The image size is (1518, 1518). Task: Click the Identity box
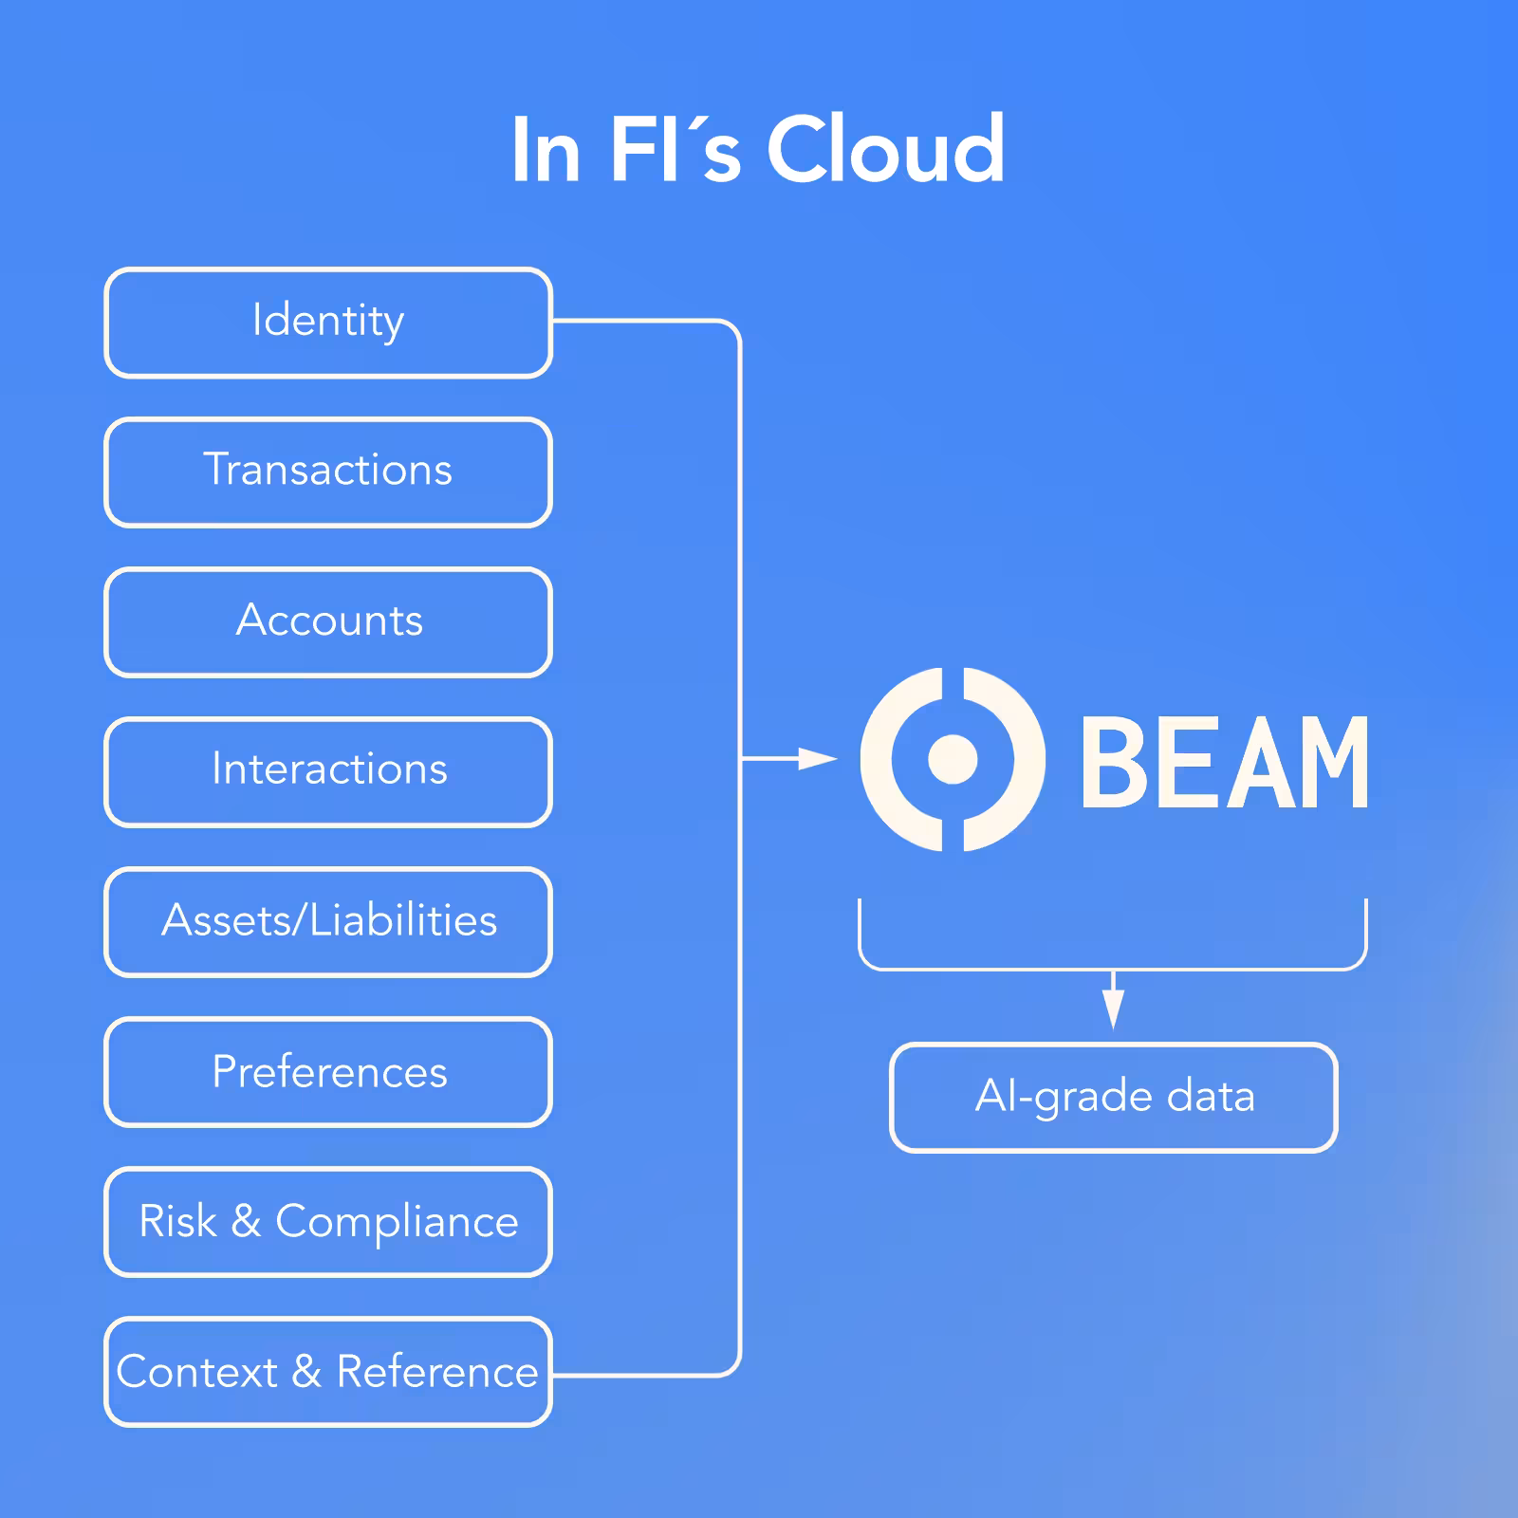click(x=328, y=323)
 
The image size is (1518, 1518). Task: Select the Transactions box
click(x=328, y=472)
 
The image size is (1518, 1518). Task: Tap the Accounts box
click(x=328, y=621)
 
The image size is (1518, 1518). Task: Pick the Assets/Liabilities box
click(x=328, y=921)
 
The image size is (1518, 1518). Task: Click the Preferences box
click(x=328, y=1072)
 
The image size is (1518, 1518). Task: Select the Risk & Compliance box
click(x=328, y=1222)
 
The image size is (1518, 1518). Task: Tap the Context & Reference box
click(x=328, y=1372)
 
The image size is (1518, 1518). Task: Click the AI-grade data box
click(x=1114, y=1098)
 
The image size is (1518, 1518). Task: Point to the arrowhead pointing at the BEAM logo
click(x=818, y=758)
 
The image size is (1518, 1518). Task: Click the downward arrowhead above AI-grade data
click(x=1114, y=1009)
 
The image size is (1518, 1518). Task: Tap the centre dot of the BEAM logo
click(x=953, y=759)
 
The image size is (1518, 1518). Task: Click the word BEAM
click(x=1224, y=763)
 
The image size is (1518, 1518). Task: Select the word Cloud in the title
click(x=885, y=150)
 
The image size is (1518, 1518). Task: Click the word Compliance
click(x=397, y=1222)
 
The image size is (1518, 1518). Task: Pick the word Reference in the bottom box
click(x=437, y=1372)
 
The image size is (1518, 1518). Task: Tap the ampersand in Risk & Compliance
click(x=246, y=1221)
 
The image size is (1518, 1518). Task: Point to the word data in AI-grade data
click(x=1211, y=1097)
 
